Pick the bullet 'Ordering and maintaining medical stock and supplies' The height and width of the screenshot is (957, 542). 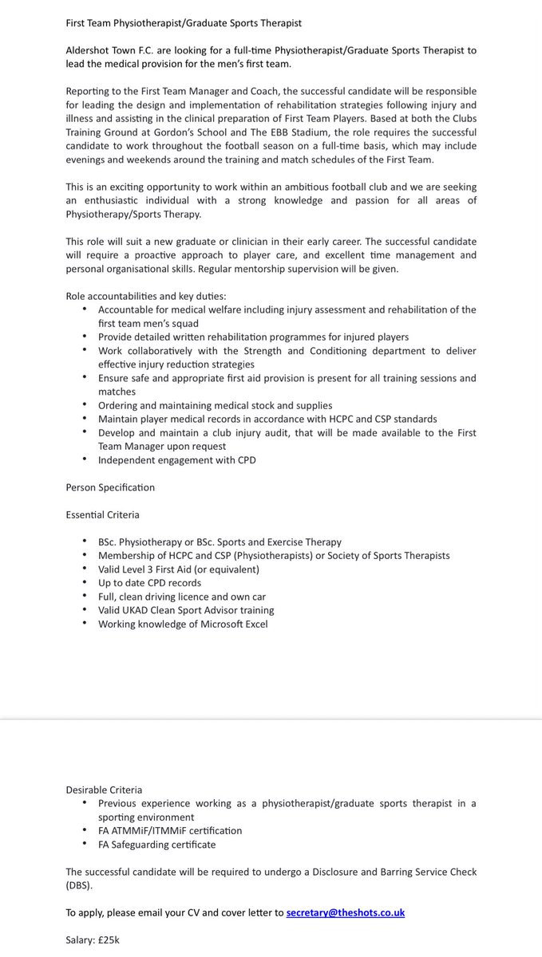[x=215, y=405]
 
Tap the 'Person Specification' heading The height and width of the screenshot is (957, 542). [x=110, y=487]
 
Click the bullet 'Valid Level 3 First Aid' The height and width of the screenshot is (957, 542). [x=179, y=569]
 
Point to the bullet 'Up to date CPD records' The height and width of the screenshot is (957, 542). [x=149, y=583]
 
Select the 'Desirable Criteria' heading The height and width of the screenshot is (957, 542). [x=104, y=790]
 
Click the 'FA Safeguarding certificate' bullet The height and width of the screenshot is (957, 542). [x=156, y=844]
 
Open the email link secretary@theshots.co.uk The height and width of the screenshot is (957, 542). [x=345, y=912]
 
